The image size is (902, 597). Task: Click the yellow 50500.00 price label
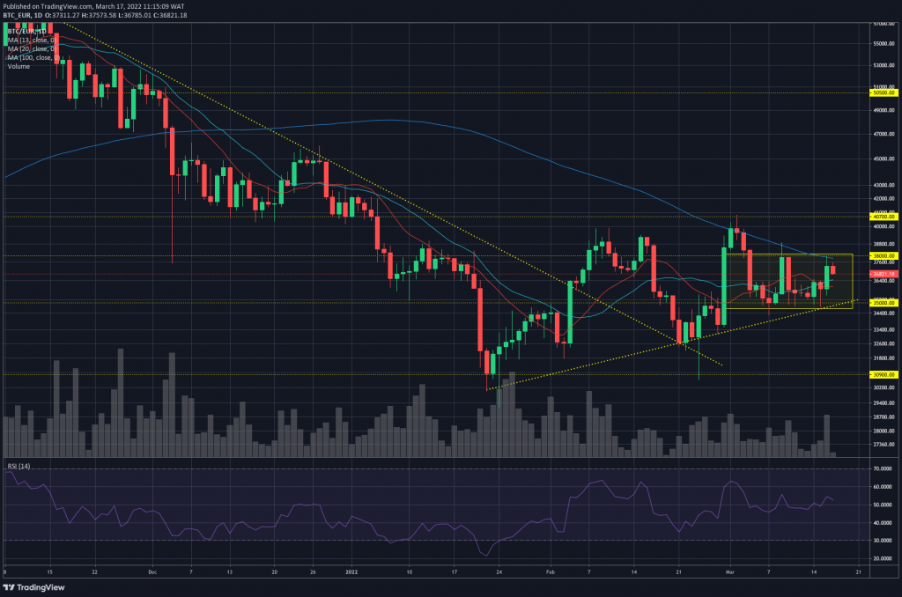pyautogui.click(x=883, y=92)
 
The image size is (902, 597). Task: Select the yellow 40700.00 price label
pyautogui.click(x=883, y=216)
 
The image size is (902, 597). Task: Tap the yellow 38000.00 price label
pyautogui.click(x=883, y=255)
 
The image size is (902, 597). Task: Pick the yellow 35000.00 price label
pyautogui.click(x=883, y=302)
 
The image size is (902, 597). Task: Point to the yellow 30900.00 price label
pyautogui.click(x=883, y=374)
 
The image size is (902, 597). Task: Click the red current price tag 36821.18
pyautogui.click(x=883, y=275)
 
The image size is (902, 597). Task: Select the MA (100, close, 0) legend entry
pyautogui.click(x=33, y=57)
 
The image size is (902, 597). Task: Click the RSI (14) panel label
pyautogui.click(x=19, y=465)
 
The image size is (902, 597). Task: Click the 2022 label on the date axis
pyautogui.click(x=351, y=571)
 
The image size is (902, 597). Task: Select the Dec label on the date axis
pyautogui.click(x=152, y=571)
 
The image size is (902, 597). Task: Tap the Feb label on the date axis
pyautogui.click(x=551, y=571)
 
